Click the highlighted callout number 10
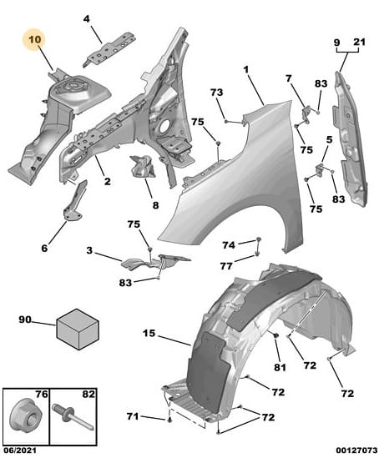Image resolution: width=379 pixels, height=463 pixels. click(x=35, y=39)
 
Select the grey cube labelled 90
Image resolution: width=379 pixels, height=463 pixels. click(x=78, y=330)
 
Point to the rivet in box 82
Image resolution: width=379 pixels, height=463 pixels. click(x=73, y=417)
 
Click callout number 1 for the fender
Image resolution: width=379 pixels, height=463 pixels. click(x=246, y=70)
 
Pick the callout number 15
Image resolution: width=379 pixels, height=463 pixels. click(x=149, y=334)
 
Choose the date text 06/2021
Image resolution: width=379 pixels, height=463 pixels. click(x=20, y=450)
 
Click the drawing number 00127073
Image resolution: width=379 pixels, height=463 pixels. click(x=356, y=450)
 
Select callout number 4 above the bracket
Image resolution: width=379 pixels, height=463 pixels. click(x=86, y=19)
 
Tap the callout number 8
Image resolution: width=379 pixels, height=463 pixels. click(x=155, y=205)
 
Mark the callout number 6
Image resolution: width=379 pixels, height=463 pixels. click(x=44, y=248)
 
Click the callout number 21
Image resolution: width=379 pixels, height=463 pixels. click(x=359, y=42)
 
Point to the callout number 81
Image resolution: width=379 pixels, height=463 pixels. click(x=280, y=367)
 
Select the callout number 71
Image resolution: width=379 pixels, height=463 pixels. click(x=133, y=416)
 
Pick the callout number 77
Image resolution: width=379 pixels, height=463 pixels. click(x=226, y=266)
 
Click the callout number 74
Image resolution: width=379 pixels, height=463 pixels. click(x=229, y=244)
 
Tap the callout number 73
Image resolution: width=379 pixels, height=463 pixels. click(x=216, y=93)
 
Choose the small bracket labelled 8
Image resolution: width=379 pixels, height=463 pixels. click(x=143, y=166)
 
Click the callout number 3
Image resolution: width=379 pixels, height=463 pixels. click(x=89, y=251)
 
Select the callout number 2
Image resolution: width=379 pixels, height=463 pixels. click(x=107, y=181)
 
